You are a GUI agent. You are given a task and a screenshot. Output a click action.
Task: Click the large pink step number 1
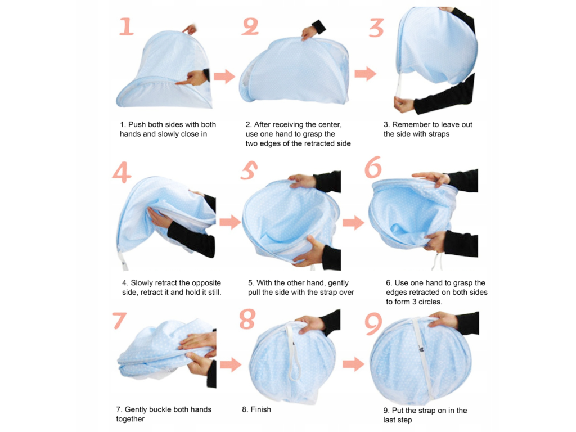127,26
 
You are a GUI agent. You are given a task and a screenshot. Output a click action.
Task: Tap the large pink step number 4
121,172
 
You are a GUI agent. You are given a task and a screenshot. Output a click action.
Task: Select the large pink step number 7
119,320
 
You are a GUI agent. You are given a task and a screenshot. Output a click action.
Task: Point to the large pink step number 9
373,323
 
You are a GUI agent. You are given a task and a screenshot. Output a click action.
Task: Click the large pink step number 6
373,167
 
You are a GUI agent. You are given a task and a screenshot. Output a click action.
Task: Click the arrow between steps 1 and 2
224,76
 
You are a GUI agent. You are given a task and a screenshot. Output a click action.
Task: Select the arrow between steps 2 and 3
366,73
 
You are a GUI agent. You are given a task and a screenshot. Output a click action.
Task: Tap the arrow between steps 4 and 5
230,222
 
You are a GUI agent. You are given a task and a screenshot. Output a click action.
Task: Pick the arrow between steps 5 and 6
353,222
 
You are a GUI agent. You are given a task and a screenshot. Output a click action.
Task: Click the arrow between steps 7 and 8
231,364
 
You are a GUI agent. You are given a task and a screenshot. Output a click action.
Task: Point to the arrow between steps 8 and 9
353,364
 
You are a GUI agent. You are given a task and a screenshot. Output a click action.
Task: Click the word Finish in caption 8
261,409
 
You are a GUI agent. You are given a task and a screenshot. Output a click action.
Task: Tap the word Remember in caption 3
410,124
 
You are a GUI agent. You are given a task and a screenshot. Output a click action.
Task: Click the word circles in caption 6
430,301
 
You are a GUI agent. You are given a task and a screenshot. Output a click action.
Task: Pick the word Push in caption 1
137,124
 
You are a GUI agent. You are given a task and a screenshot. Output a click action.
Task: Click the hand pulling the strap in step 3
403,104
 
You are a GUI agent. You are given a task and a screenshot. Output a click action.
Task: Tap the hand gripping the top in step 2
310,33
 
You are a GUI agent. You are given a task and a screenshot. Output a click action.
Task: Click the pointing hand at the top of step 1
190,29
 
